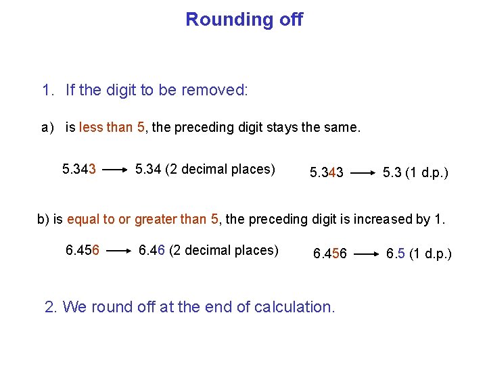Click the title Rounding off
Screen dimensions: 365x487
coord(244,20)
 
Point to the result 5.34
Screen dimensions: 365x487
coord(147,169)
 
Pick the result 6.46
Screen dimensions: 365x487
coord(152,251)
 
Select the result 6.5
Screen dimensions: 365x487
coord(396,254)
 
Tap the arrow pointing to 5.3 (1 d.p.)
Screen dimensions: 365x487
coord(363,173)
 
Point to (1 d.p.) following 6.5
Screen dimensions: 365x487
coord(430,254)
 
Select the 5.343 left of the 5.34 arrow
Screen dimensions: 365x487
coord(79,169)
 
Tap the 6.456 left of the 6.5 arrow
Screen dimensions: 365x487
coord(329,254)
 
